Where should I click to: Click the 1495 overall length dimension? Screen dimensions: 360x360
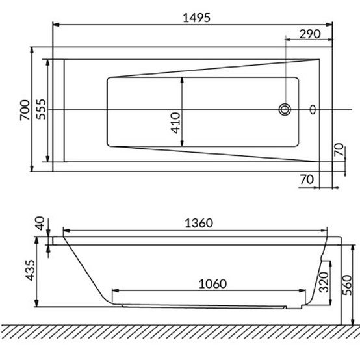[x=196, y=18]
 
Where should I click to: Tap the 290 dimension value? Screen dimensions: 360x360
[x=310, y=34]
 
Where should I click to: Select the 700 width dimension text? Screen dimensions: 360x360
[x=25, y=110]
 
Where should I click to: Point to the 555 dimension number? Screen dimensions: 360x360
[x=42, y=109]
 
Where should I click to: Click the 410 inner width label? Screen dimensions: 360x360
[x=176, y=123]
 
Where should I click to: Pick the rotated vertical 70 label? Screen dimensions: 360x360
[x=339, y=149]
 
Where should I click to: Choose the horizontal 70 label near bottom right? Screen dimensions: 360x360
[x=307, y=179]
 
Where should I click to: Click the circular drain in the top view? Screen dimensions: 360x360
[x=285, y=110]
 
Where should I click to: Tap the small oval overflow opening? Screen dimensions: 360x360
[x=313, y=110]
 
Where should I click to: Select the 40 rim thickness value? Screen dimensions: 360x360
[x=40, y=224]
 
